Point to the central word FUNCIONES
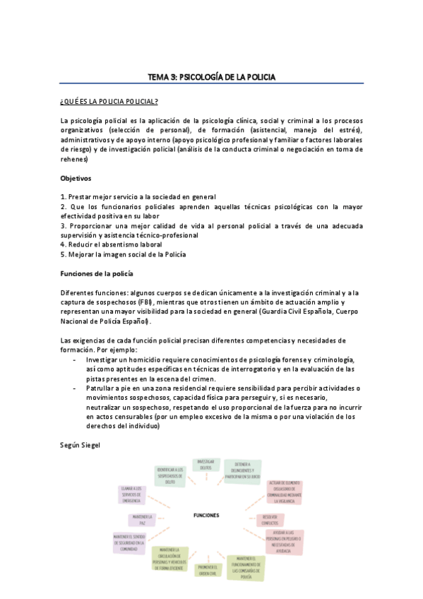click(206, 515)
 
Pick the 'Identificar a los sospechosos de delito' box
click(171, 476)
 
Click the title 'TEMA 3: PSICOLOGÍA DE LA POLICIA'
click(211, 76)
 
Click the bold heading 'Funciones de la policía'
click(97, 272)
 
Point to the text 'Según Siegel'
click(81, 445)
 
